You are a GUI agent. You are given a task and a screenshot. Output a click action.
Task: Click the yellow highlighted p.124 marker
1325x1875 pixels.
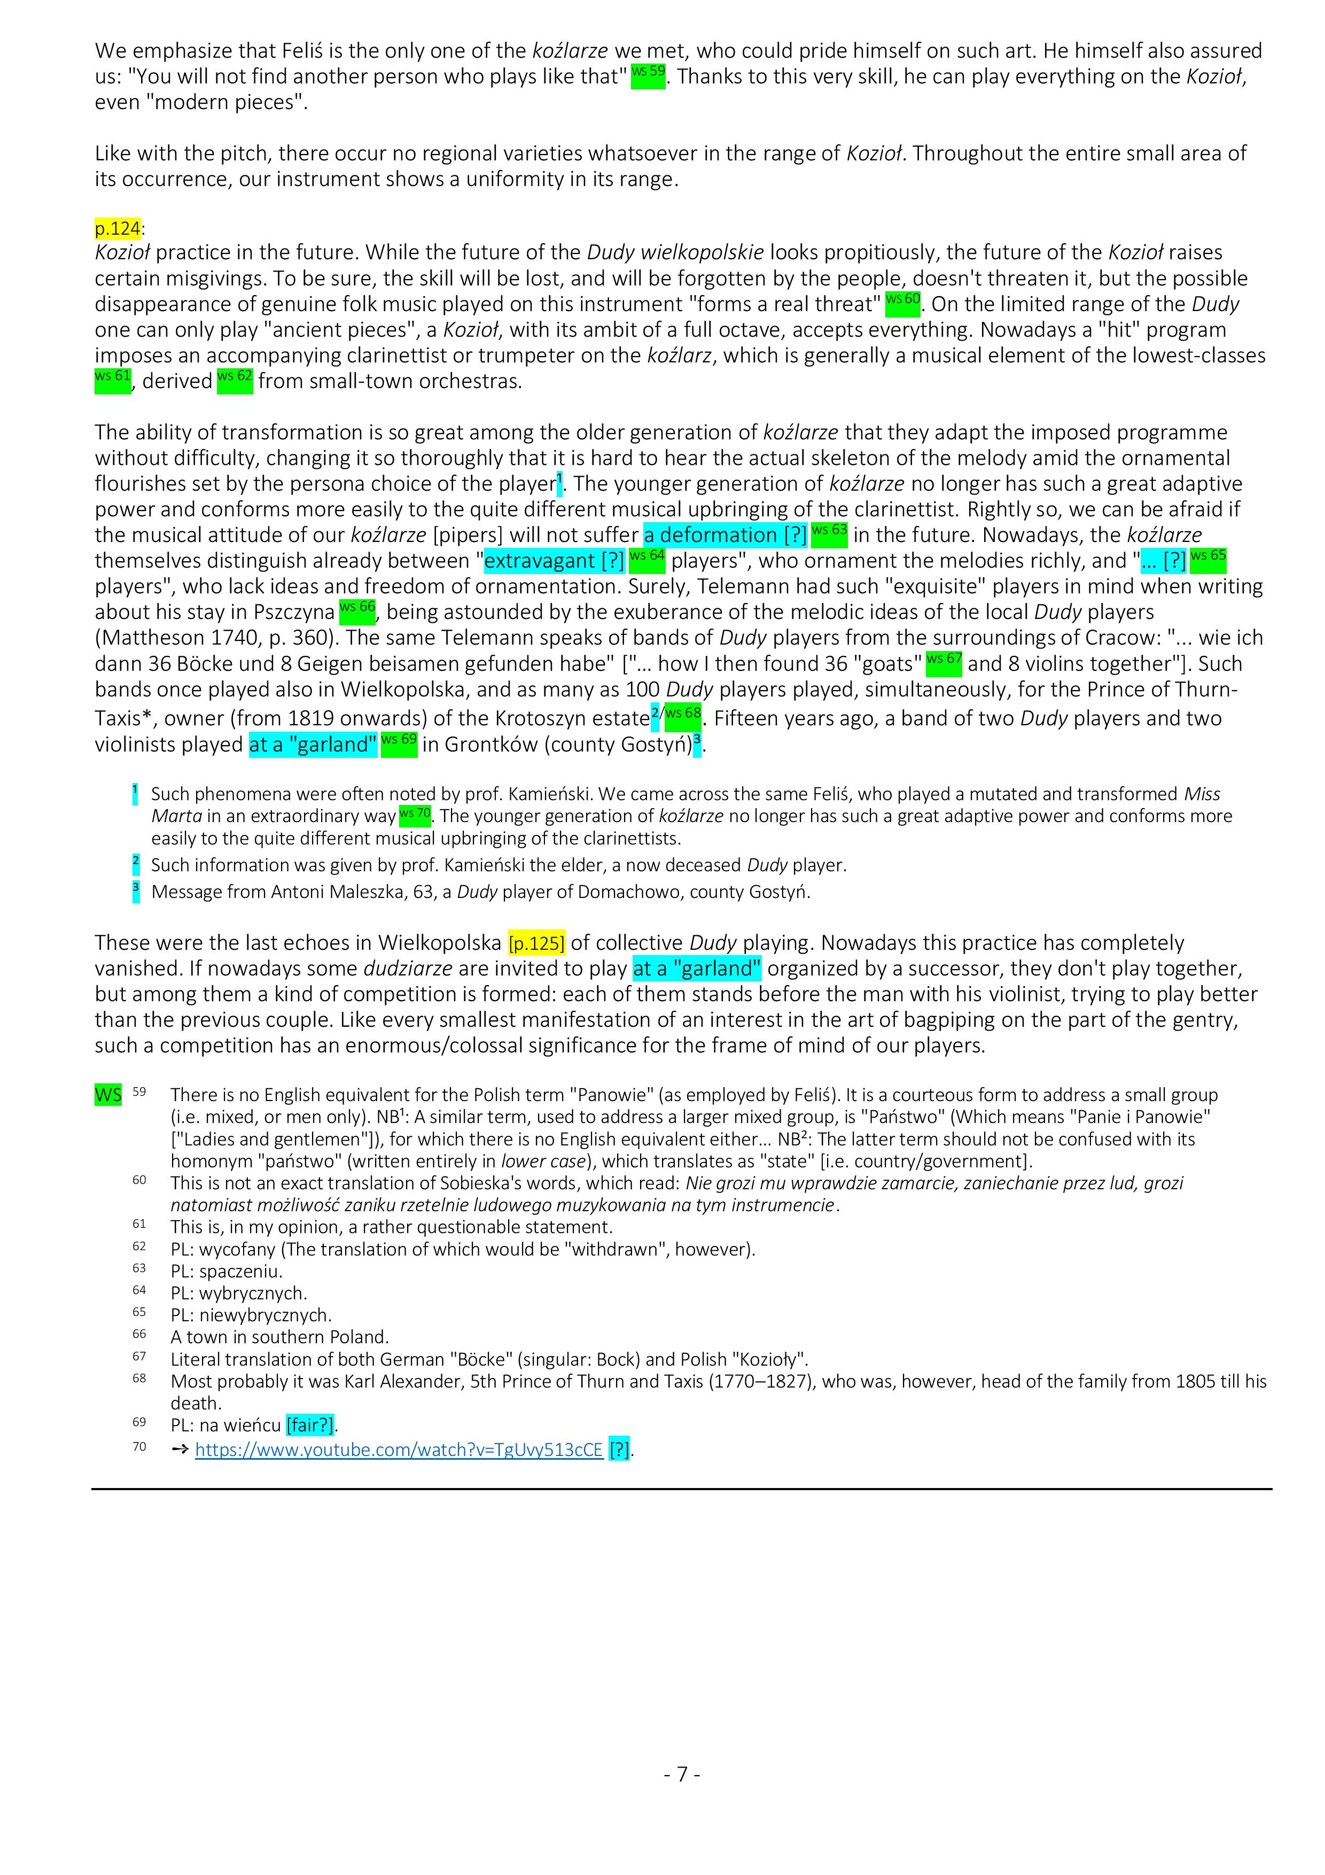tap(118, 228)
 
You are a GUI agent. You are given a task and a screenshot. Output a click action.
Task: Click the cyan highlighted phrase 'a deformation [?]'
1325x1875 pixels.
tap(725, 535)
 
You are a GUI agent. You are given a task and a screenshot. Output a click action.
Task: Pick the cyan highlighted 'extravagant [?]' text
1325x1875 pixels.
tap(555, 561)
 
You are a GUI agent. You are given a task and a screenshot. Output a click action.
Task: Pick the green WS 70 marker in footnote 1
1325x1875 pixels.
tap(414, 815)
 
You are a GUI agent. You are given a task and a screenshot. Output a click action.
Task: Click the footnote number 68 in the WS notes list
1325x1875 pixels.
tap(139, 1380)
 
